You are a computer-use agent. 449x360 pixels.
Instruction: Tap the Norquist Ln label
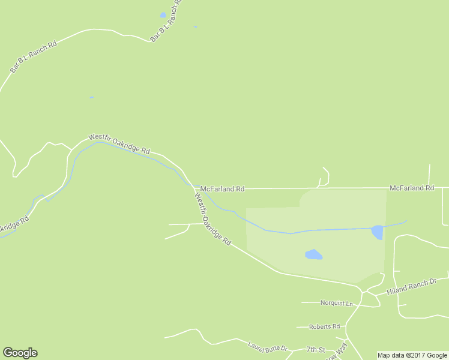[x=337, y=303]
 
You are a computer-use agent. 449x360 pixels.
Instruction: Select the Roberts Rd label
[x=324, y=327]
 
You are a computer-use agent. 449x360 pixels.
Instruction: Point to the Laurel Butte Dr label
[x=268, y=347]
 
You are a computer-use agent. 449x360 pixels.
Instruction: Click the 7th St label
[x=315, y=349]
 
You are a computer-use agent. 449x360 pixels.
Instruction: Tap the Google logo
[x=20, y=353]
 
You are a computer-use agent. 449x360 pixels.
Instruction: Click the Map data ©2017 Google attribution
[x=412, y=355]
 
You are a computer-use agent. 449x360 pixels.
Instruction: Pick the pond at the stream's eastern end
[x=377, y=232]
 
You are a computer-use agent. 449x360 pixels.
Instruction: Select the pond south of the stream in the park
[x=313, y=255]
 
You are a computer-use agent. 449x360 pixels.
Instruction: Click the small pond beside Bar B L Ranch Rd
[x=163, y=15]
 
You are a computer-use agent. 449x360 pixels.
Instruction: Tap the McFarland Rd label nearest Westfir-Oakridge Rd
[x=222, y=188]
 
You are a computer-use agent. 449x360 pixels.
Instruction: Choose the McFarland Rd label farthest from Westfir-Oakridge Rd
[x=411, y=188]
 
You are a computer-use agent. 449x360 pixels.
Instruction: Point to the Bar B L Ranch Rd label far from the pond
[x=33, y=57]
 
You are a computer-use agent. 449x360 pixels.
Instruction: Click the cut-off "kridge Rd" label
[x=11, y=226]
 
